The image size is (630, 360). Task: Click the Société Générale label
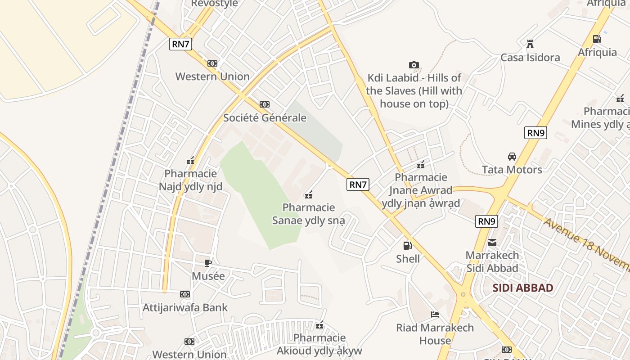(265, 118)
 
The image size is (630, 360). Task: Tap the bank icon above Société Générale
(265, 104)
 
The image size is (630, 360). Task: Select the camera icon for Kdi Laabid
(414, 65)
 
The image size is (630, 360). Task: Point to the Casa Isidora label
(530, 58)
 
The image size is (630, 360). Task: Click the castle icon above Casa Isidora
(530, 44)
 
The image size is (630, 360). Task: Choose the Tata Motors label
(512, 170)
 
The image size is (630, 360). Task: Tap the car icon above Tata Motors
(512, 157)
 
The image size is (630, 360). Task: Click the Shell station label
(408, 259)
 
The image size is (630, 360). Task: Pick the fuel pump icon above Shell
(407, 246)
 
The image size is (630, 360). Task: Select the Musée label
(208, 276)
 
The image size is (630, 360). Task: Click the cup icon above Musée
(207, 263)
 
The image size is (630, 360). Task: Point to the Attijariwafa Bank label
(185, 308)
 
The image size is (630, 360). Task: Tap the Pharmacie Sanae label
(309, 214)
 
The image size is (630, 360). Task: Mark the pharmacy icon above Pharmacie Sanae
(309, 195)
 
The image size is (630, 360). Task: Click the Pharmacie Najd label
(190, 180)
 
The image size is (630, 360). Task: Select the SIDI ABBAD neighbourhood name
(522, 288)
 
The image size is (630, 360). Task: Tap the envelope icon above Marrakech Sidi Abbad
(492, 243)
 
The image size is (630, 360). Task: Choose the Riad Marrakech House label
(435, 334)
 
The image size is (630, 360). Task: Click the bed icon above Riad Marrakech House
(435, 314)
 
